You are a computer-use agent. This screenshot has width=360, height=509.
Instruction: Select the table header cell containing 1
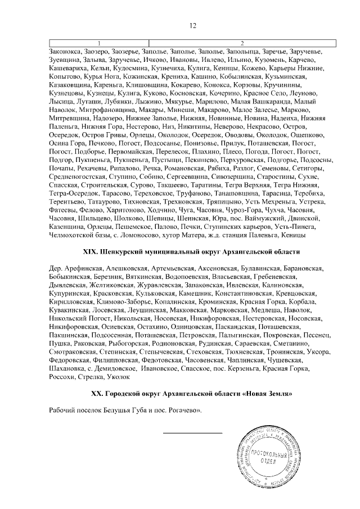click(99, 43)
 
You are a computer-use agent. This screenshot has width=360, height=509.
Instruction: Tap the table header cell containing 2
click(242, 43)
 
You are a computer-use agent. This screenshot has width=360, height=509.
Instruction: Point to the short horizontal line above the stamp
click(192, 432)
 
